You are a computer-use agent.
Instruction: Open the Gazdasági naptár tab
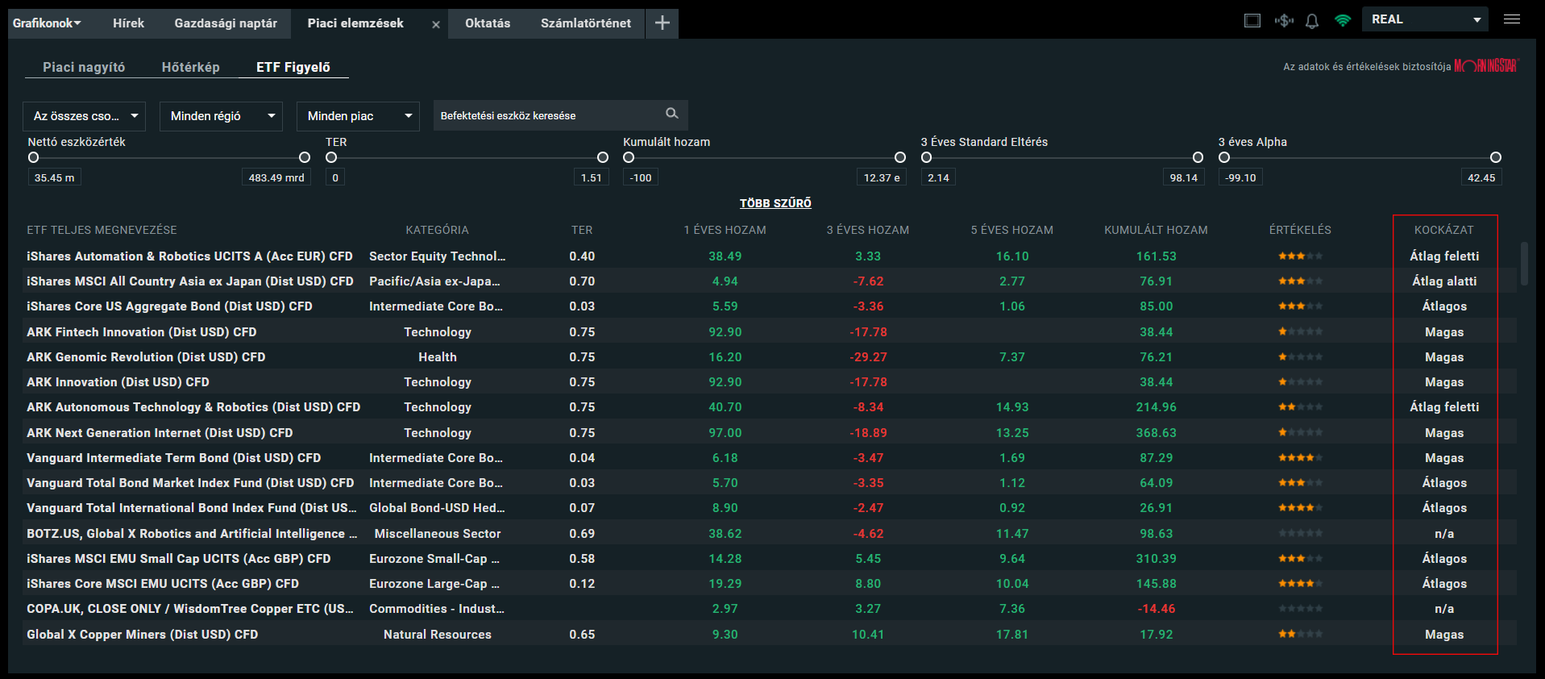pos(225,23)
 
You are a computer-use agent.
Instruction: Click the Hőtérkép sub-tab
pos(190,67)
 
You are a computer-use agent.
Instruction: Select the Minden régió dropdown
pos(220,116)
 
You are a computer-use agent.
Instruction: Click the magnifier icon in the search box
pos(671,114)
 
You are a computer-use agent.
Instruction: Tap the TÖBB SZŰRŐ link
pos(775,203)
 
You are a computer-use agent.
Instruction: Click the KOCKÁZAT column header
pos(1443,230)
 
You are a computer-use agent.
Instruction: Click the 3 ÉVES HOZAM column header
pos(867,230)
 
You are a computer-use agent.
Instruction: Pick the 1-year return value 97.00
pos(725,433)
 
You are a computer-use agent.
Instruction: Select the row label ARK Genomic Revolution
pos(146,357)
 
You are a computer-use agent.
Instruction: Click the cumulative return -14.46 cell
pos(1156,609)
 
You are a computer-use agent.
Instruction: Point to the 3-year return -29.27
pos(868,357)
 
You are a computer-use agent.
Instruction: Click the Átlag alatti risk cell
pos(1443,281)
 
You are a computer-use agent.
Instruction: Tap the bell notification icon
pos(1311,21)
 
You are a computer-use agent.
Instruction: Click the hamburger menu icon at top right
pos(1511,19)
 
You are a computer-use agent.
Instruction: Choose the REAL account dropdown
pos(1425,19)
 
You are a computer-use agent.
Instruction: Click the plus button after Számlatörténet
pos(662,23)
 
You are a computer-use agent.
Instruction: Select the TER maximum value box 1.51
pos(591,177)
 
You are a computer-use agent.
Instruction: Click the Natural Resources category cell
pos(437,635)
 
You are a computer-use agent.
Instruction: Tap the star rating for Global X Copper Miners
pos(1299,635)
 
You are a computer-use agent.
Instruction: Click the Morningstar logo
pos(1485,66)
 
